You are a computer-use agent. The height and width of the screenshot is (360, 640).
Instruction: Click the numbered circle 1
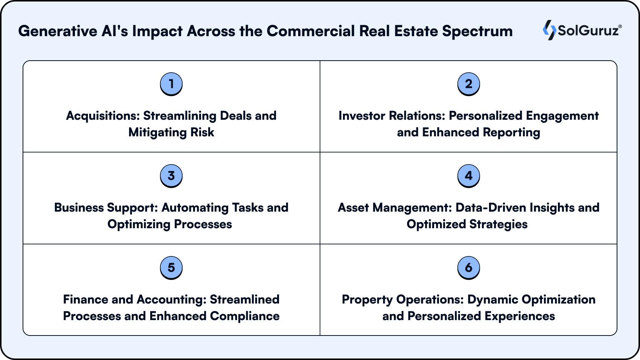171,84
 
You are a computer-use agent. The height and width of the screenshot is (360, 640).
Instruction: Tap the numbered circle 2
469,84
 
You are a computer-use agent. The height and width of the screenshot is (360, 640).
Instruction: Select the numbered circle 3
171,175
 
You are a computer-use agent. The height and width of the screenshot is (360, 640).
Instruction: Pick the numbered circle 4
469,175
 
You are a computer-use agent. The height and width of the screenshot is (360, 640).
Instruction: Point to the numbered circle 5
171,267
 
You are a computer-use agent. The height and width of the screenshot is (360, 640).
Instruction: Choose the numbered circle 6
469,267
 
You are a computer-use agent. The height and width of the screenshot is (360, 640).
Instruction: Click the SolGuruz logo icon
549,30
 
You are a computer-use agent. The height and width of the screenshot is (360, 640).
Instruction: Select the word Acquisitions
103,116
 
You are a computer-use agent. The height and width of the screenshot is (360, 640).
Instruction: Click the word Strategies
498,224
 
